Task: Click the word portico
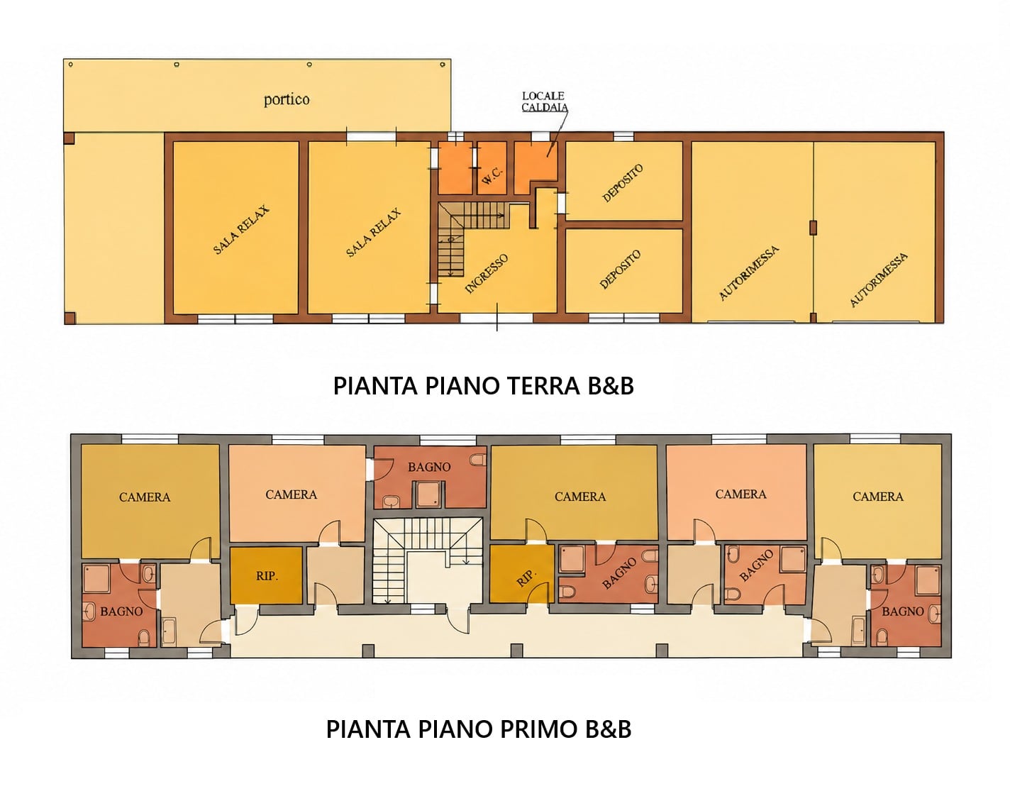(287, 99)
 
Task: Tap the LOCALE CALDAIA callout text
(545, 101)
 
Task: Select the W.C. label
(492, 176)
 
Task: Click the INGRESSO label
(487, 274)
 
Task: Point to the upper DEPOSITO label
(622, 183)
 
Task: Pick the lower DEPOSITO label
(620, 270)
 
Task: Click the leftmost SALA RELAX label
(241, 230)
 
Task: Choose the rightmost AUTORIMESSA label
(879, 280)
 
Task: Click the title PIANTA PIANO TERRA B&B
(484, 386)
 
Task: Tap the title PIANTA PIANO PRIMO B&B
(479, 729)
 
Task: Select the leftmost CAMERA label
(145, 497)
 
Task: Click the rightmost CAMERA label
(877, 497)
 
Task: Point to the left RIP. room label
(267, 576)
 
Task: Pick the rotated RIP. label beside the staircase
(526, 579)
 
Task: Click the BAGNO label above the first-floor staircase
(429, 467)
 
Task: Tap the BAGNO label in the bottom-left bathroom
(121, 612)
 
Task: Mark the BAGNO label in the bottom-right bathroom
(902, 612)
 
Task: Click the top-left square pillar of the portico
(69, 138)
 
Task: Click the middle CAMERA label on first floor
(580, 497)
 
